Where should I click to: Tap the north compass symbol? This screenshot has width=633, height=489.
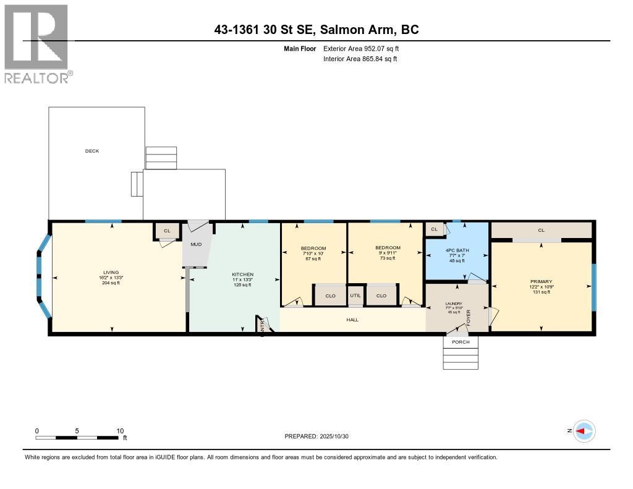tap(584, 431)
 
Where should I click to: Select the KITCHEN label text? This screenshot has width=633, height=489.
tap(242, 274)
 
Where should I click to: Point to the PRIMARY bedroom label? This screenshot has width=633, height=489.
tap(540, 281)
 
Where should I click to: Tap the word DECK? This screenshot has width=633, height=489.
tap(92, 151)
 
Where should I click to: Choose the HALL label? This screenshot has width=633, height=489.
tap(352, 320)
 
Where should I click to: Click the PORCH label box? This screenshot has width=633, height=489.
tap(461, 342)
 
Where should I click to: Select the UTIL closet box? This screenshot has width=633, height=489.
tap(355, 296)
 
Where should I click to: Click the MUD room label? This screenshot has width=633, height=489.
tap(196, 244)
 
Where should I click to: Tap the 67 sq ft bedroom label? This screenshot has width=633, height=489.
tap(313, 253)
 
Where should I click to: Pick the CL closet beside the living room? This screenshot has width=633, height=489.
tap(166, 231)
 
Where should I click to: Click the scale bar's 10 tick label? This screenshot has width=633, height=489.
tap(120, 431)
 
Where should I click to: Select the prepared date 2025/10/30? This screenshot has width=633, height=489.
tap(320, 436)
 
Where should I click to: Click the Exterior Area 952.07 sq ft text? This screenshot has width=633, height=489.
tap(360, 48)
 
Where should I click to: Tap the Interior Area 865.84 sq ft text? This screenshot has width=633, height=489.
tap(360, 59)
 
